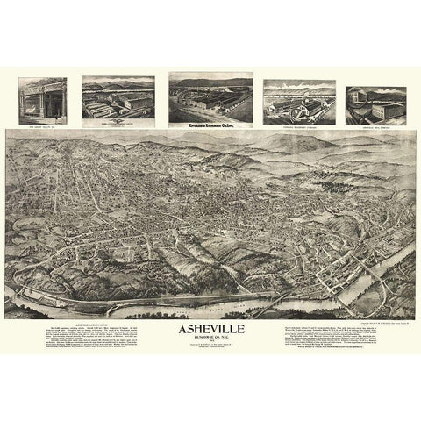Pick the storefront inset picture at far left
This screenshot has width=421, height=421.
point(42,100)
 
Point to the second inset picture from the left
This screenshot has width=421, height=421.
point(118,98)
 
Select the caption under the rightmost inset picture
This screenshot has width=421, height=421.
point(375,125)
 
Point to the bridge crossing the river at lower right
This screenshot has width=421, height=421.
point(279,301)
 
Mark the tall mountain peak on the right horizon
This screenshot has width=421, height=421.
point(351,141)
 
